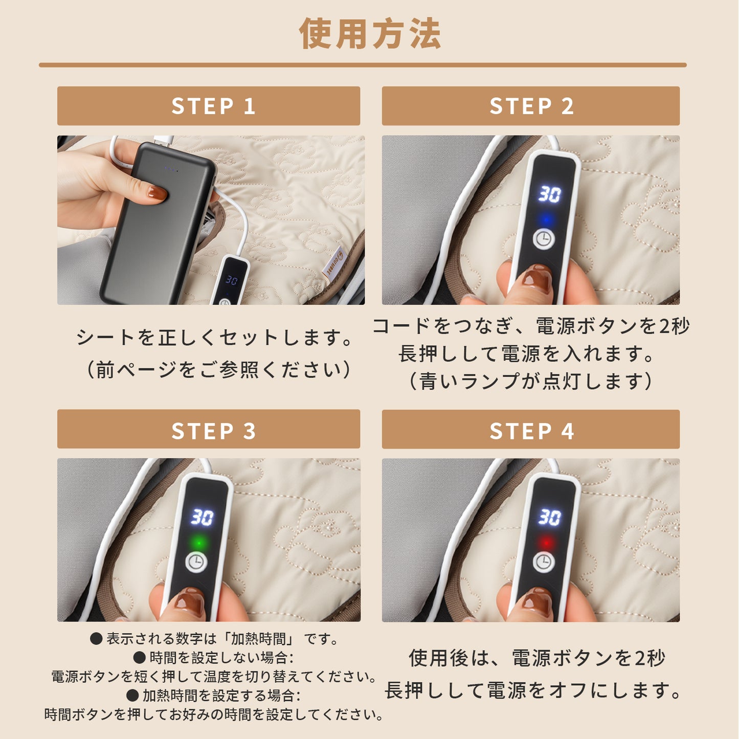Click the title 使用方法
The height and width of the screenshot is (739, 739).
369,34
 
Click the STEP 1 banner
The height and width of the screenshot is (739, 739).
209,106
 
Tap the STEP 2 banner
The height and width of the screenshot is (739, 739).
530,106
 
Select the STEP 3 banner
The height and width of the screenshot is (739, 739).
209,430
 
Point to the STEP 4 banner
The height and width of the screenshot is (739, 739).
530,430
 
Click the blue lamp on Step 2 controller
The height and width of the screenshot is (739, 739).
546,220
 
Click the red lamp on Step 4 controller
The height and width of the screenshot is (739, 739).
546,542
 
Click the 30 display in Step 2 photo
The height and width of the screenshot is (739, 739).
549,194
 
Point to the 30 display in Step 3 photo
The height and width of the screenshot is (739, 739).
202,517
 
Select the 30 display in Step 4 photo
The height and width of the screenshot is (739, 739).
549,517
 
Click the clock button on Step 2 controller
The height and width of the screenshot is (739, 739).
544,239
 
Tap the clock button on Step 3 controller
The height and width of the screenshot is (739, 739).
196,562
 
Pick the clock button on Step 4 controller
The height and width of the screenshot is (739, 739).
544,562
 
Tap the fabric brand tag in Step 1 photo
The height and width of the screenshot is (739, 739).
333,262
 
